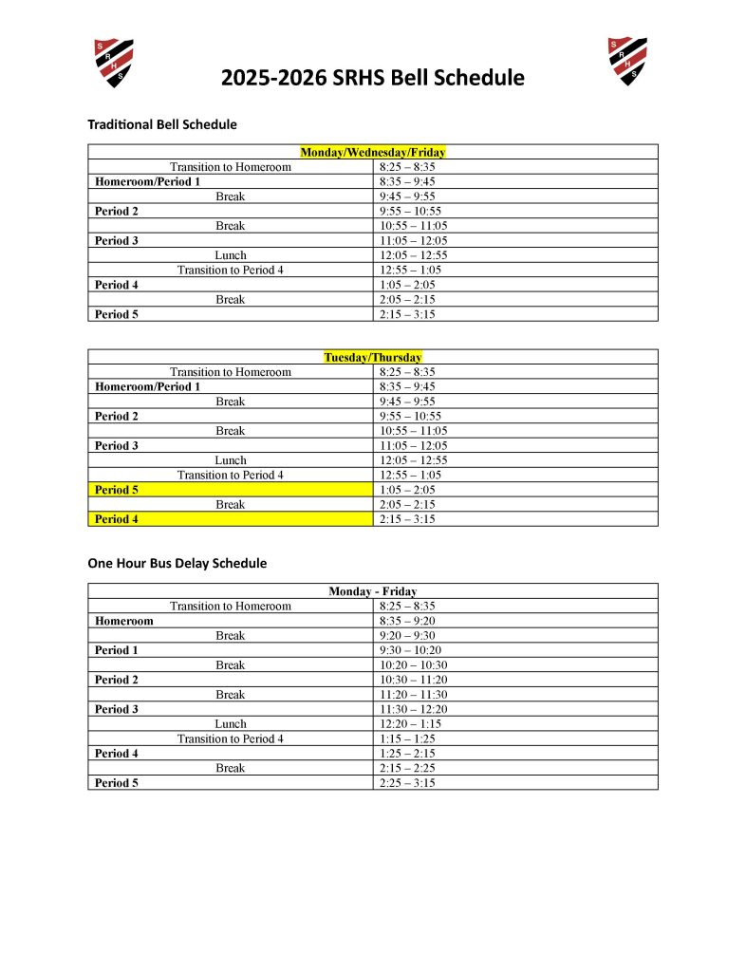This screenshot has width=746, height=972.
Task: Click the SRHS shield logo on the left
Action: (113, 63)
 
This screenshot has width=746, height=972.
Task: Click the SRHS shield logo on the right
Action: (627, 62)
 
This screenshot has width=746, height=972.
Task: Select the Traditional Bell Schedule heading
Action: (162, 124)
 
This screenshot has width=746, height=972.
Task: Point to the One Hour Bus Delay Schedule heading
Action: (177, 563)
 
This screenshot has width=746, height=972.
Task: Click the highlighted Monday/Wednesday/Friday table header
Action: (373, 152)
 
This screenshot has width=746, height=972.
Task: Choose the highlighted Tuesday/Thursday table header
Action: (373, 358)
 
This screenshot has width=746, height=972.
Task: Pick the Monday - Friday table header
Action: (373, 591)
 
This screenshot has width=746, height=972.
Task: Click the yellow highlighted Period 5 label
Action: (117, 490)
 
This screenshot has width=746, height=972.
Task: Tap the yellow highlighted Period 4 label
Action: (117, 519)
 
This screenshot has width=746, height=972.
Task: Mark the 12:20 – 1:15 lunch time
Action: (410, 723)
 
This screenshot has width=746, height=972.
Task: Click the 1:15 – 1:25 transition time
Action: (407, 738)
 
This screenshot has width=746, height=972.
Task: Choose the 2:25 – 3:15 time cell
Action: (407, 783)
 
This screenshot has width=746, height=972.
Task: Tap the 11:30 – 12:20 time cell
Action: (413, 709)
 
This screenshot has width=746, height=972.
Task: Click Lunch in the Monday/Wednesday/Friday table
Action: (231, 255)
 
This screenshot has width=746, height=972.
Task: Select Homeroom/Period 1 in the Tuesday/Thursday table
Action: (147, 386)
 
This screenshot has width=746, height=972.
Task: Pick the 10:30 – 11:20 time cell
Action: (413, 680)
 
